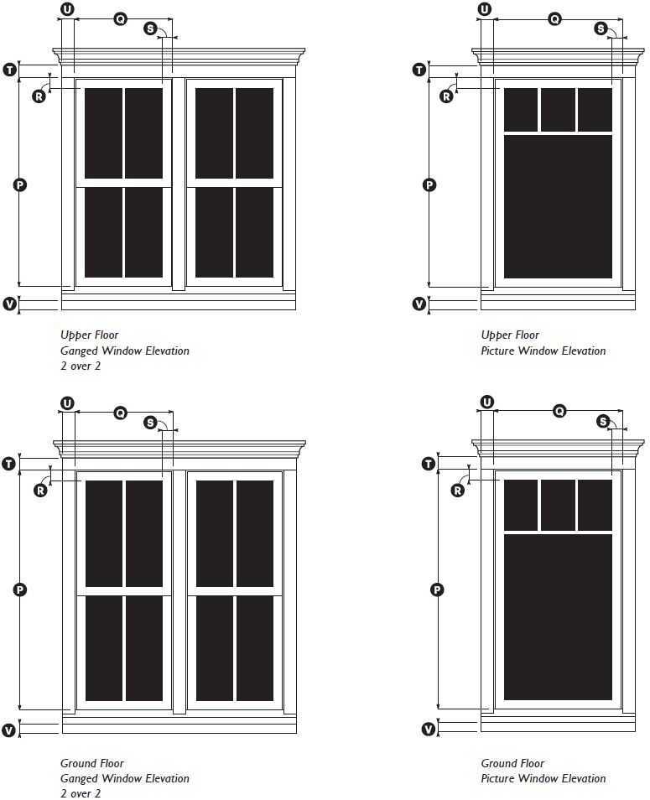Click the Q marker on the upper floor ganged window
click(x=120, y=18)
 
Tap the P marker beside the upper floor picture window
click(x=429, y=185)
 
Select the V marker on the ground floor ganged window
click(x=9, y=730)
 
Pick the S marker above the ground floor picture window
click(x=603, y=421)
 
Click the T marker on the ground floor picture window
click(x=429, y=464)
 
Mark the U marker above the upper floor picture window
click(x=485, y=9)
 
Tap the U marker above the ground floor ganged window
click(x=67, y=403)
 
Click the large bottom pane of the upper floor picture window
click(x=558, y=206)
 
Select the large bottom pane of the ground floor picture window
click(x=558, y=616)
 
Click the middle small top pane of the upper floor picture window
click(x=558, y=110)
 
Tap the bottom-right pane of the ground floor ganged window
click(x=254, y=648)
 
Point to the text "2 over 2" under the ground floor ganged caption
click(x=80, y=793)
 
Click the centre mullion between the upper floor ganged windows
click(x=179, y=184)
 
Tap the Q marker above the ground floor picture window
click(x=557, y=411)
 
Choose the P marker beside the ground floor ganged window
click(x=19, y=590)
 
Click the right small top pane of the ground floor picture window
click(x=595, y=506)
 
